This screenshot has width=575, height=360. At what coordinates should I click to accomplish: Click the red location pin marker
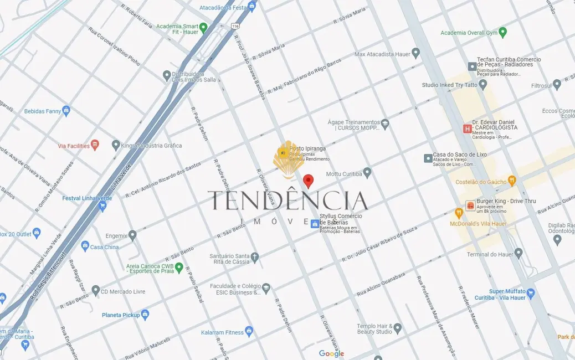tap(309, 181)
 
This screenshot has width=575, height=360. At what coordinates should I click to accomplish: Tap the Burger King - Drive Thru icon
tap(470, 205)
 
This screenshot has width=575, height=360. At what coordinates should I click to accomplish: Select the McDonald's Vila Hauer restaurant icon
tap(459, 213)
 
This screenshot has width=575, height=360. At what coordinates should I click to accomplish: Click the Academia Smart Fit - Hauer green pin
tap(203, 27)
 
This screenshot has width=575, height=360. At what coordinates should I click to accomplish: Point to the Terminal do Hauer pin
tap(518, 253)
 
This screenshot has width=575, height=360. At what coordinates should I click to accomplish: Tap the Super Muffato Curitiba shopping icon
tap(531, 292)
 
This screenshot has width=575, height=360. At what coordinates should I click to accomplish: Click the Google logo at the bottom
tap(331, 353)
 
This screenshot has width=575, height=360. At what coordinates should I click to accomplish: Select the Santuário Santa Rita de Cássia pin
tap(254, 257)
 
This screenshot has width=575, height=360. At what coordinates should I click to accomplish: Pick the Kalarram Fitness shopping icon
tap(249, 332)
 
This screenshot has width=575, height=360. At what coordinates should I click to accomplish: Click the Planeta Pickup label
tap(121, 315)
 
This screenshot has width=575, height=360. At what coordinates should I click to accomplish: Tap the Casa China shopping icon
tap(85, 245)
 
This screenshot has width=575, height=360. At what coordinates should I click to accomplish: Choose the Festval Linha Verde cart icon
tap(102, 206)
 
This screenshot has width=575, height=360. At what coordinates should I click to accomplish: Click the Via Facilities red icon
tap(95, 145)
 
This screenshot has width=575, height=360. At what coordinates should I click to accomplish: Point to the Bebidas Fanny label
tap(42, 111)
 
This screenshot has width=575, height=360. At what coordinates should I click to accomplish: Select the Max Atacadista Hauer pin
tap(415, 53)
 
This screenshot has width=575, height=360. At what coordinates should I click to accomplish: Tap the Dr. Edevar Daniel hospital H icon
tap(467, 128)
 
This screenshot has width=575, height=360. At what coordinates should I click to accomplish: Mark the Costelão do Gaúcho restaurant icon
tap(512, 180)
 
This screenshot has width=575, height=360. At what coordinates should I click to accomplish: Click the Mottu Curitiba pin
tap(367, 173)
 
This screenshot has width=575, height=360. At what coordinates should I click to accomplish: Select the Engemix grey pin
tap(132, 235)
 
